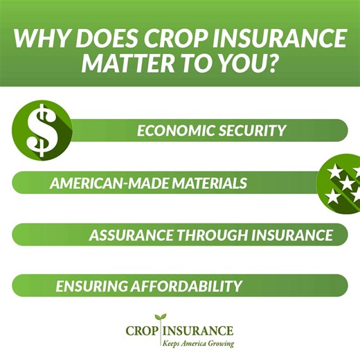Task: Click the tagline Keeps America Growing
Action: [197, 343]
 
